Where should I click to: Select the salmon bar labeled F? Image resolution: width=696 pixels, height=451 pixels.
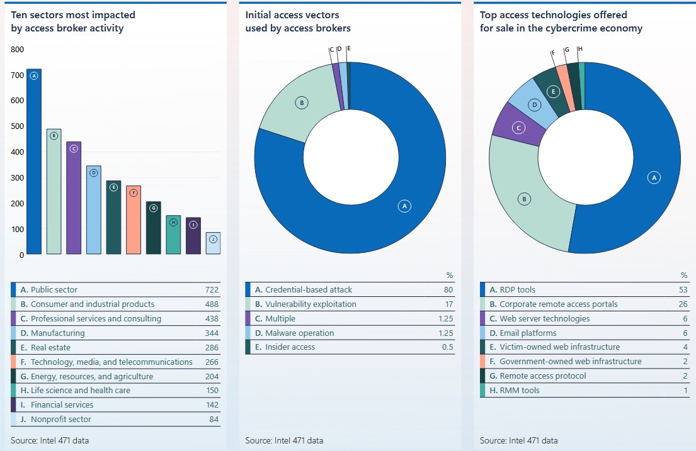click(133, 220)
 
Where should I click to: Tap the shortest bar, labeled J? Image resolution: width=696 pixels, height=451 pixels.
click(214, 243)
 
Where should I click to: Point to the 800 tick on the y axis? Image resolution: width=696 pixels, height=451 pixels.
click(17, 49)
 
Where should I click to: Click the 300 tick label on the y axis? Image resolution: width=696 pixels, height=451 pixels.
click(17, 177)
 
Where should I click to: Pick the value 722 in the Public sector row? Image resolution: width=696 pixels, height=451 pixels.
click(212, 290)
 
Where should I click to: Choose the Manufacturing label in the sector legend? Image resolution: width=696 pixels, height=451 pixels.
click(57, 333)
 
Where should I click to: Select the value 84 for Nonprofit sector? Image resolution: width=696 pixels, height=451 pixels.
click(214, 420)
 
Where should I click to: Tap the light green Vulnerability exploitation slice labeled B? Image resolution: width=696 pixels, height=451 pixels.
click(296, 107)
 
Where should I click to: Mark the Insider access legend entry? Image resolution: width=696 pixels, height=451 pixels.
click(290, 347)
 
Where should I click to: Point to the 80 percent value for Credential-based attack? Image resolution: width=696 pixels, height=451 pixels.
click(448, 290)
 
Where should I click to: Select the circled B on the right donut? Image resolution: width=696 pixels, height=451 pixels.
click(524, 199)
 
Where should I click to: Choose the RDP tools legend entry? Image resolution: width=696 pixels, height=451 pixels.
click(517, 290)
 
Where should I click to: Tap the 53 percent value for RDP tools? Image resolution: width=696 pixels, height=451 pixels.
click(683, 290)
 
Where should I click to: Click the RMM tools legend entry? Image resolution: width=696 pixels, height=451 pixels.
click(520, 391)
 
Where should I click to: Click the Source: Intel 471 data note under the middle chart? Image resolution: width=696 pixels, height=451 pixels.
click(284, 440)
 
